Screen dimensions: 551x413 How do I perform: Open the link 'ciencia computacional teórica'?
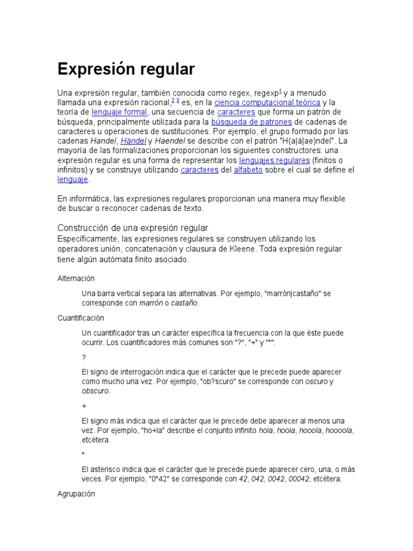pyautogui.click(x=267, y=102)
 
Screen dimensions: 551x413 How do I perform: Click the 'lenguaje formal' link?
pyautogui.click(x=119, y=112)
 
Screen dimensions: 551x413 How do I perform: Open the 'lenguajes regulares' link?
pyautogui.click(x=274, y=160)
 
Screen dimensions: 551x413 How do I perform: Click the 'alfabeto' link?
pyautogui.click(x=247, y=170)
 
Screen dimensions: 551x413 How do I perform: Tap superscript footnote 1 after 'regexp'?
pyautogui.click(x=281, y=91)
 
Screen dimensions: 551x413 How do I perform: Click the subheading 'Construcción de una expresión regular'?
pyautogui.click(x=132, y=228)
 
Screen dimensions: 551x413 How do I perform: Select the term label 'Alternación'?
pyautogui.click(x=76, y=278)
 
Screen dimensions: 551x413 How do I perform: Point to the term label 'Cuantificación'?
pyautogui.click(x=81, y=318)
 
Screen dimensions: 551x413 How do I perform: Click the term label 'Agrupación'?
pyautogui.click(x=76, y=493)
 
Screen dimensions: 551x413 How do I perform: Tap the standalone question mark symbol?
pyautogui.click(x=84, y=357)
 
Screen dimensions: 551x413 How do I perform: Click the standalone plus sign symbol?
pyautogui.click(x=84, y=406)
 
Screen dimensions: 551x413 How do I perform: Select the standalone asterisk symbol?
pyautogui.click(x=84, y=454)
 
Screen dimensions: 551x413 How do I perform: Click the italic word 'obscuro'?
pyautogui.click(x=95, y=391)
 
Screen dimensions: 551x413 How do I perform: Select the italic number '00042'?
pyautogui.click(x=299, y=479)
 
